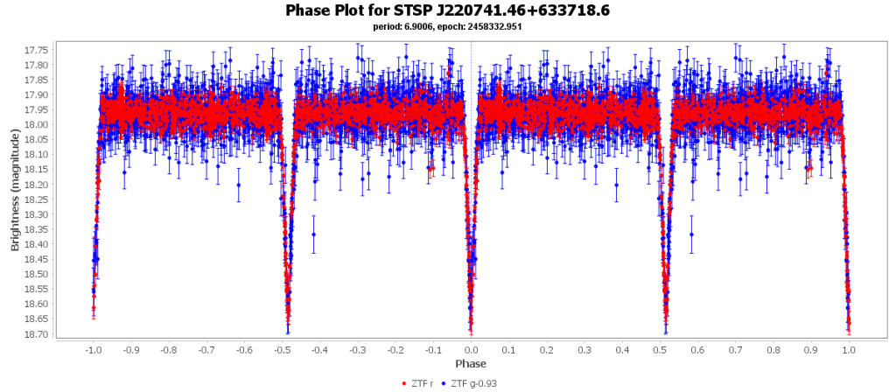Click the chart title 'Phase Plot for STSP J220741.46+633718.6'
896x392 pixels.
[447, 10]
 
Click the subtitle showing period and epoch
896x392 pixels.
[447, 27]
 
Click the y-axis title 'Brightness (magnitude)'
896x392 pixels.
[15, 191]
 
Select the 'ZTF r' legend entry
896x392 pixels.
[421, 383]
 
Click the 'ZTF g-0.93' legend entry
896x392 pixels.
[473, 383]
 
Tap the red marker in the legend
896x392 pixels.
[403, 383]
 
